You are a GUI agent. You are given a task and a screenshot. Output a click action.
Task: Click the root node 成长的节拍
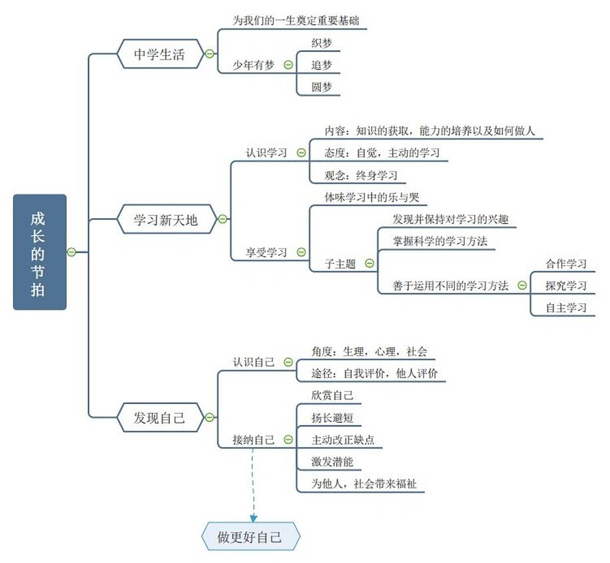coord(40,252)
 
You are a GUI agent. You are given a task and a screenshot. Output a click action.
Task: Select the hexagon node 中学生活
coord(159,54)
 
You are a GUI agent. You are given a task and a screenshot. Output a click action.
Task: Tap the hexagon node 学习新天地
coord(166,219)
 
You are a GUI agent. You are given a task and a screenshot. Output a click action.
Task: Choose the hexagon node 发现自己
coord(159,417)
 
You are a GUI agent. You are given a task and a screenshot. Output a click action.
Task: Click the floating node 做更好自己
coord(250,537)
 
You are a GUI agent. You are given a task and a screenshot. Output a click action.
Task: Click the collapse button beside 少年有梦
coord(288,65)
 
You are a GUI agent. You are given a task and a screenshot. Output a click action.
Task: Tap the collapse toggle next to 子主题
coord(370,263)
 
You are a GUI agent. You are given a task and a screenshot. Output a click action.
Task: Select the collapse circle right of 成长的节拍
coord(71,252)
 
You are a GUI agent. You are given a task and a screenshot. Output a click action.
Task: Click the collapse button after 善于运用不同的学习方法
coord(522,285)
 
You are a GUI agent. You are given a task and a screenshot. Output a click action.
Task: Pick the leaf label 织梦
coord(322,43)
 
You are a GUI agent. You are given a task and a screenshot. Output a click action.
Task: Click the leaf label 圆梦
coord(322,87)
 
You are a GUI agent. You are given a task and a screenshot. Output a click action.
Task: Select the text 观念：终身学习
coord(361,175)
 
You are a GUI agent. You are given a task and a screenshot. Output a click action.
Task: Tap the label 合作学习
coord(566,264)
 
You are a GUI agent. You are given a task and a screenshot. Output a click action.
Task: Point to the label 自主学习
coord(566,308)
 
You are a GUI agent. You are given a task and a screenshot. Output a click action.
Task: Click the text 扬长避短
coord(332,418)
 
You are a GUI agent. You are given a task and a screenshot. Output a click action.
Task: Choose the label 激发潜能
coord(332,462)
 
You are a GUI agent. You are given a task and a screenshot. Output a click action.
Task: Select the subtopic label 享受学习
coord(266,252)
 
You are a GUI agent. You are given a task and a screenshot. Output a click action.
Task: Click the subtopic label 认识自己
coord(253,362)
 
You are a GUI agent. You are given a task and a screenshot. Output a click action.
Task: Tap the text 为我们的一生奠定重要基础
coord(296,21)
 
